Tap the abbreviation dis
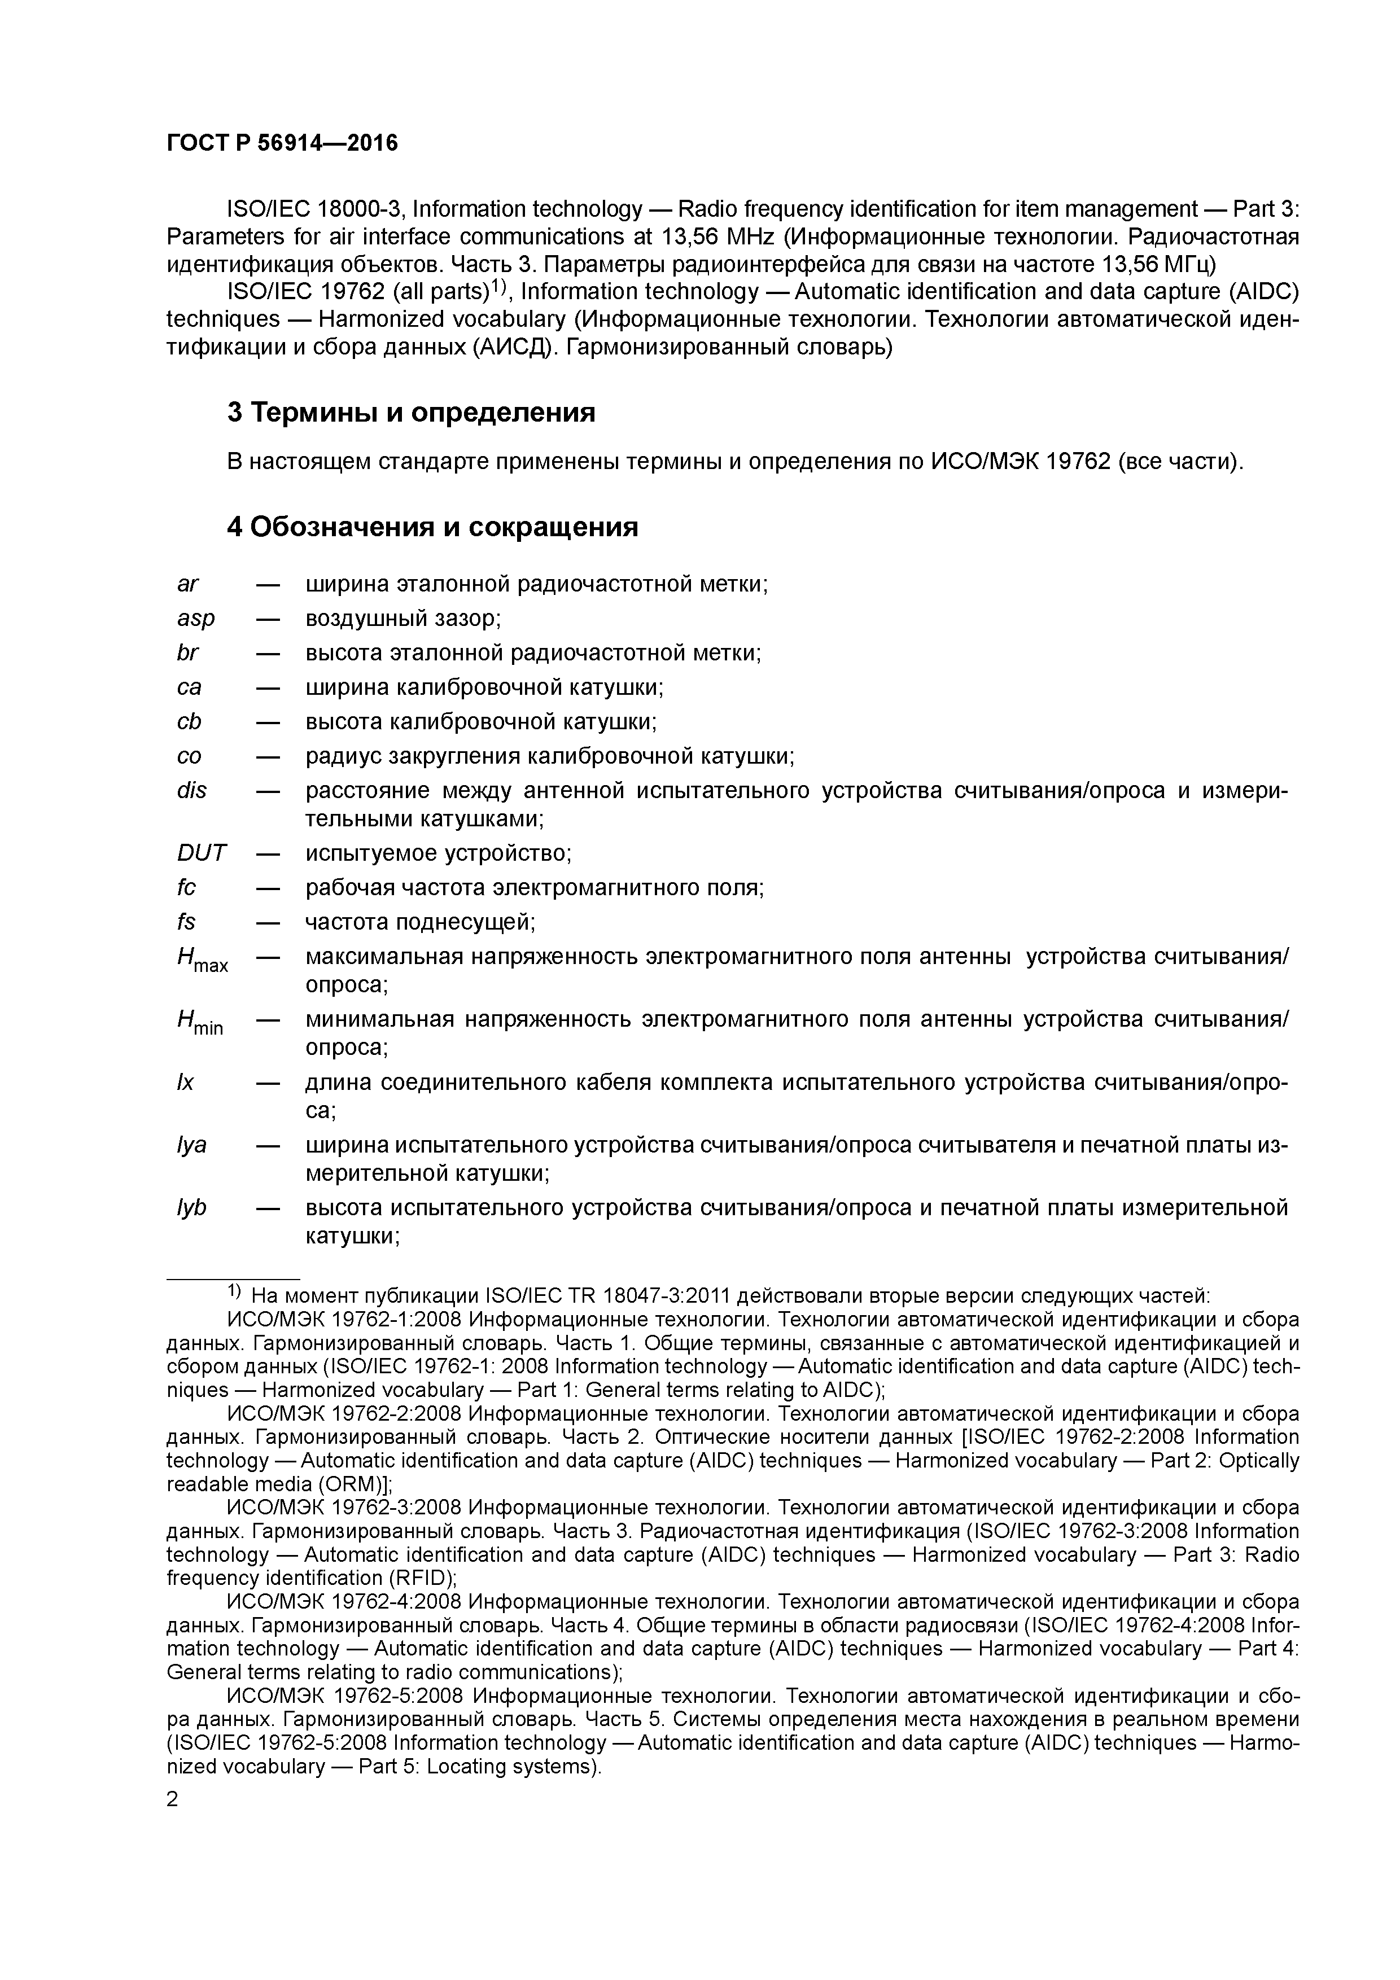191,791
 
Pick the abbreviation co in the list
189,757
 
